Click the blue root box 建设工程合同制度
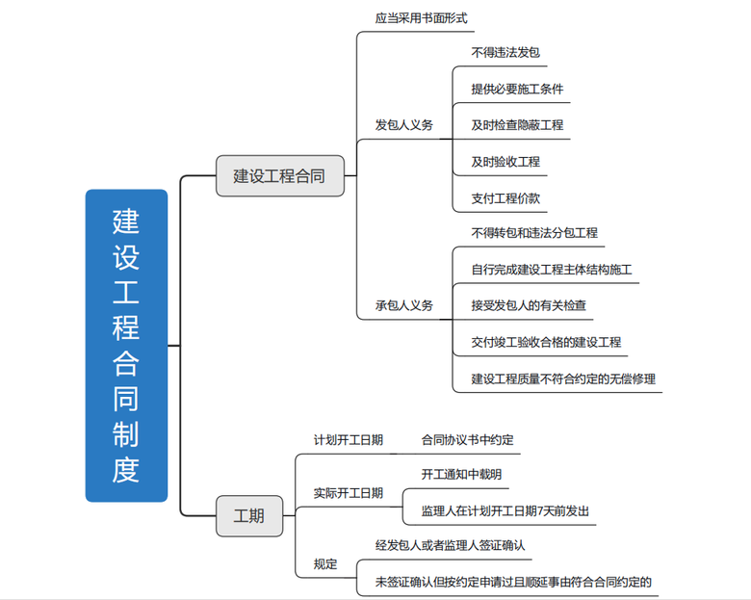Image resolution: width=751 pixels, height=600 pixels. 126,345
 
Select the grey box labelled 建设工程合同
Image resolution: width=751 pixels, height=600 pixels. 279,177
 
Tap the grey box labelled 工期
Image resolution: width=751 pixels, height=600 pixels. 248,515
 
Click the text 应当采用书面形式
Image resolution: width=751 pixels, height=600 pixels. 421,18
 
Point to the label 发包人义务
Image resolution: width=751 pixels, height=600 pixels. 403,125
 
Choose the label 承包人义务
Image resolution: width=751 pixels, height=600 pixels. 403,305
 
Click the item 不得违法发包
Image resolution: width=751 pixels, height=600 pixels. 498,52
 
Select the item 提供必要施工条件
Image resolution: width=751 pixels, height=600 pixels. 517,89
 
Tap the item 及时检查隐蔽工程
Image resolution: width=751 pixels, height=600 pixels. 517,125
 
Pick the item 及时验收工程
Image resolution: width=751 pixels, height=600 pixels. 505,162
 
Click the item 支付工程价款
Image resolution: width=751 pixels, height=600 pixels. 505,198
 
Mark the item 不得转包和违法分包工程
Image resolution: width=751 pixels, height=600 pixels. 534,233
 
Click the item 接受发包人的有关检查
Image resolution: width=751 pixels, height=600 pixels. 529,306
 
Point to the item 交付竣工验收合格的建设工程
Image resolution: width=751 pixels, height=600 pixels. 546,342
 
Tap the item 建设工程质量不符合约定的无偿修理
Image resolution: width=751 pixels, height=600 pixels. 563,378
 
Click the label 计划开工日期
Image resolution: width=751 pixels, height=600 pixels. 348,440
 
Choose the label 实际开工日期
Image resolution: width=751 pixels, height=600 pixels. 348,493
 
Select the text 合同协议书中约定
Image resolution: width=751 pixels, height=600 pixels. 467,440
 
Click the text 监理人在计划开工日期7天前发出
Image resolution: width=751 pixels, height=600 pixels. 505,511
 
